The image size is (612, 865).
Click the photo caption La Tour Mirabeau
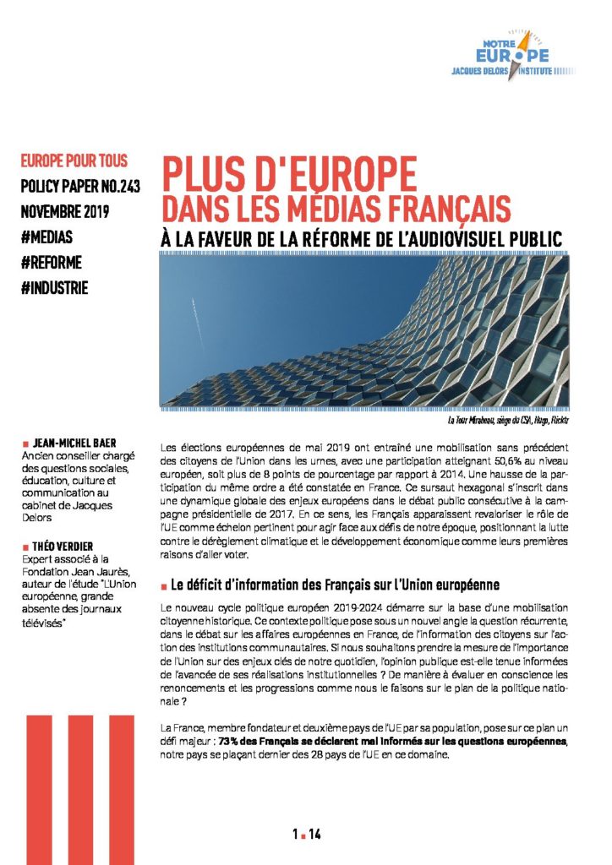point(507,419)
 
